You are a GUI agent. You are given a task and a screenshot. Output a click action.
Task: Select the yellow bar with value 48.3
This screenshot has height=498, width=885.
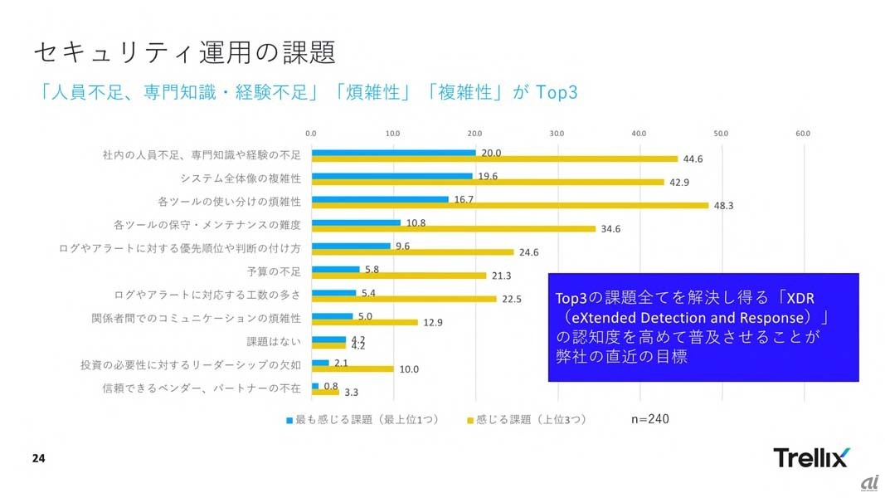[510, 205]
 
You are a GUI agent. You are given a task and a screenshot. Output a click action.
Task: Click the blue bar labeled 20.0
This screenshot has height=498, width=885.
[393, 152]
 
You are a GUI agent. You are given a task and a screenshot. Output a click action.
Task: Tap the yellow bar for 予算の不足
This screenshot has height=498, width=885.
[398, 276]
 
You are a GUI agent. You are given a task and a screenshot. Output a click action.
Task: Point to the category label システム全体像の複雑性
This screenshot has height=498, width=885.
[241, 178]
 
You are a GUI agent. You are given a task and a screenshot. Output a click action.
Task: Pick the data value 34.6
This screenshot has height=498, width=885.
[610, 228]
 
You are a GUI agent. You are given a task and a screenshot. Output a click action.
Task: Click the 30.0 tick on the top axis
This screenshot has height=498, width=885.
[557, 133]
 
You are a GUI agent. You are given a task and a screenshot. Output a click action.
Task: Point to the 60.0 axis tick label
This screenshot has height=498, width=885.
[802, 133]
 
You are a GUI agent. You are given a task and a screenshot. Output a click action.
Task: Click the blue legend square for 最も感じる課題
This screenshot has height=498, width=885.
[289, 420]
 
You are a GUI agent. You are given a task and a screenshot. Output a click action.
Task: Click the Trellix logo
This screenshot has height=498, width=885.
[810, 457]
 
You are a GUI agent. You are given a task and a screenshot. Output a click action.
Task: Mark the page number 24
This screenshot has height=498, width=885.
[39, 458]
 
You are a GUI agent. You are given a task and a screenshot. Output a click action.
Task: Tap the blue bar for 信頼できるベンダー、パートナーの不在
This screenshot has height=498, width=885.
[315, 386]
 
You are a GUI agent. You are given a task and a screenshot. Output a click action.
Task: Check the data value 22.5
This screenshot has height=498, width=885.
[511, 299]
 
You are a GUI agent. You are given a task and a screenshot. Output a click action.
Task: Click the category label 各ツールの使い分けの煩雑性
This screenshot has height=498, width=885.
[229, 201]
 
